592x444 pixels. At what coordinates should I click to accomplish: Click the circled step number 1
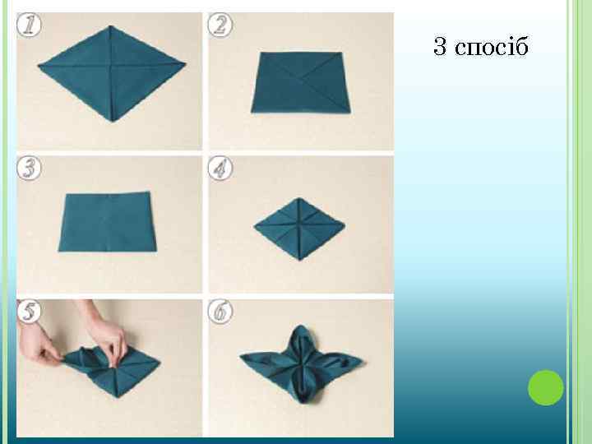[x=29, y=25]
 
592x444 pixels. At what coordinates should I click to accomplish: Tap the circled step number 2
[x=220, y=25]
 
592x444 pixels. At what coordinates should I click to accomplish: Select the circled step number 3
[x=29, y=168]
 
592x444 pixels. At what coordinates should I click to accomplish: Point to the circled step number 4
[x=220, y=168]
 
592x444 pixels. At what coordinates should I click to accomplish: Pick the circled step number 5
[x=29, y=312]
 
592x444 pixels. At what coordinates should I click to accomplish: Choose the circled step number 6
[x=220, y=312]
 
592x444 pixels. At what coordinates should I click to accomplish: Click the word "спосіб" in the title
[x=491, y=47]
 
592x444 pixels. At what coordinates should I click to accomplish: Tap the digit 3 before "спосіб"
[x=440, y=46]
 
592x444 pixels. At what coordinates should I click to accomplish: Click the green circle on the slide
[x=546, y=388]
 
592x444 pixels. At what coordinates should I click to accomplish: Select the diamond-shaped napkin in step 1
[x=111, y=74]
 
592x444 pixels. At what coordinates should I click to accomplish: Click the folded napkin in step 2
[x=301, y=82]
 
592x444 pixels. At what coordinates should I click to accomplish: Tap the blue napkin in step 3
[x=108, y=222]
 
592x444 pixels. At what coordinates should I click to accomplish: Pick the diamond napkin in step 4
[x=299, y=229]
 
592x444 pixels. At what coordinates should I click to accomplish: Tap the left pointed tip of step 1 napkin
[x=39, y=67]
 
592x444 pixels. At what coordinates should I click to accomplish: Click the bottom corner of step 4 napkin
[x=300, y=260]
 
